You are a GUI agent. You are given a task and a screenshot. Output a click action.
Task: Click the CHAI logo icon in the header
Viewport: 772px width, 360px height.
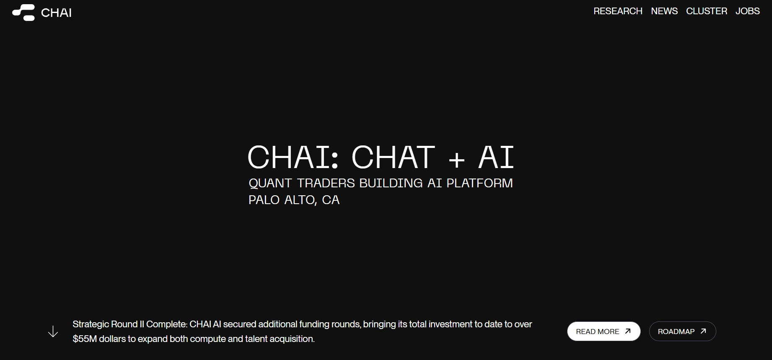23,13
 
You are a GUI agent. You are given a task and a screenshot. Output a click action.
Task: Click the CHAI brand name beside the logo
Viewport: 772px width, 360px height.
56,13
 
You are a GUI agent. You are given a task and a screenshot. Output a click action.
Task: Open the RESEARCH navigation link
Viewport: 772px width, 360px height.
618,11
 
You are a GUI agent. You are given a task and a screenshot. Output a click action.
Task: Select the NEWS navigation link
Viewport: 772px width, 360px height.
664,11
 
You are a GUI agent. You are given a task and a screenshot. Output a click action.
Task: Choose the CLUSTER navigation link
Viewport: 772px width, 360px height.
707,11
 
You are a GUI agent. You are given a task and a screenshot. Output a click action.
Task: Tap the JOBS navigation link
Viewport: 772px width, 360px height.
747,11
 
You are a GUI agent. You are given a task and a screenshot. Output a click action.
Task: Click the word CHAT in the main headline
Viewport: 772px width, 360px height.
393,157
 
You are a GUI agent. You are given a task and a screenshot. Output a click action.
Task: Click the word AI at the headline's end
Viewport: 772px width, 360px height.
496,157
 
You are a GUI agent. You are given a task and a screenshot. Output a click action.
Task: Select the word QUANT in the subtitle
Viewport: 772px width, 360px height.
270,183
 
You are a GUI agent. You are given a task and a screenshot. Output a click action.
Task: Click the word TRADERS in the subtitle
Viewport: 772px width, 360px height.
326,183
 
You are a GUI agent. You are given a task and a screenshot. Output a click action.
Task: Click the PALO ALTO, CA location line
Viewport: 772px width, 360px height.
294,200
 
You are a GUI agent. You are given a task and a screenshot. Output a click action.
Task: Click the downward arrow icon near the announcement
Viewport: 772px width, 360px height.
53,332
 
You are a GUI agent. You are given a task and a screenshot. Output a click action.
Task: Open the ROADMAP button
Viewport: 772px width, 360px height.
682,332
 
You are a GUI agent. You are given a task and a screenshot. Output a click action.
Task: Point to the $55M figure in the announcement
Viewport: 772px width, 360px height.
85,339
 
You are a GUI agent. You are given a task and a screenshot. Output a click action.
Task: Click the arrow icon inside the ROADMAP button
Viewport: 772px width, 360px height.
703,331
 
